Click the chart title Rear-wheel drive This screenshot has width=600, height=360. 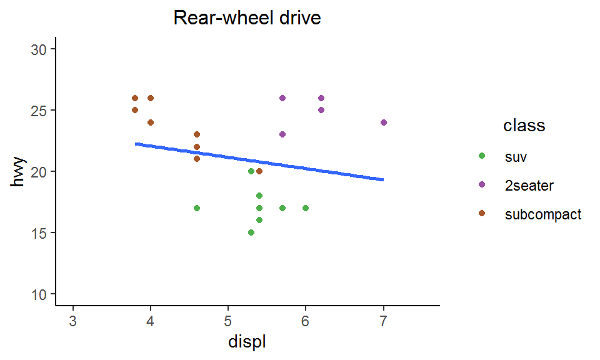(247, 18)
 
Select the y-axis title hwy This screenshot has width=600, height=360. (19, 172)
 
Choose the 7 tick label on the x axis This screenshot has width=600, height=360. (383, 321)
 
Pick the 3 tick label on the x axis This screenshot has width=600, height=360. (73, 321)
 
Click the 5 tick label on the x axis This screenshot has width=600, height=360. (228, 321)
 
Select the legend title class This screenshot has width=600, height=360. (524, 126)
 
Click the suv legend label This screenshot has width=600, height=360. (516, 157)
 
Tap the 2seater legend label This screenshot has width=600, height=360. (529, 186)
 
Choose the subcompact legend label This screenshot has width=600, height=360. (542, 214)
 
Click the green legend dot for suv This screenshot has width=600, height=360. (481, 156)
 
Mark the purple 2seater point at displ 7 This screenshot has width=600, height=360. (383, 122)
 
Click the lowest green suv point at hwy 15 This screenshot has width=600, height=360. (251, 232)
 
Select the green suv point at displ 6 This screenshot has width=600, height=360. (306, 208)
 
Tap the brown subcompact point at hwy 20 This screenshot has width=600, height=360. (259, 171)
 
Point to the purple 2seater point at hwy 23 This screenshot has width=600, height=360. (282, 134)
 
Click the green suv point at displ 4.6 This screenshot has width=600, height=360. (197, 208)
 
